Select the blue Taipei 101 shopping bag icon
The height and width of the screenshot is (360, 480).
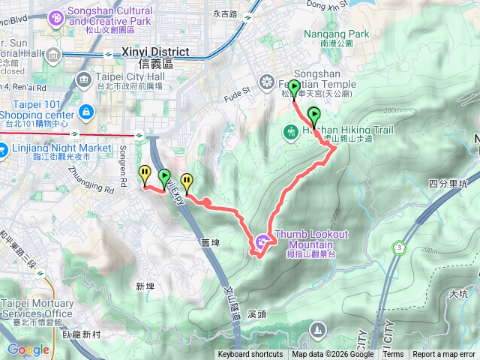[x=86, y=112]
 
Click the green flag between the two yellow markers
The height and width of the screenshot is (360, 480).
[x=164, y=178]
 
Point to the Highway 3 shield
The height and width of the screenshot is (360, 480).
[x=399, y=247]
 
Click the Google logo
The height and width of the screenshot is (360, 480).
[x=28, y=349]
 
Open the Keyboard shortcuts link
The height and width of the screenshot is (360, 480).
[x=250, y=355]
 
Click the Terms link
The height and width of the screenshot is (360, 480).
[x=393, y=355]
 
